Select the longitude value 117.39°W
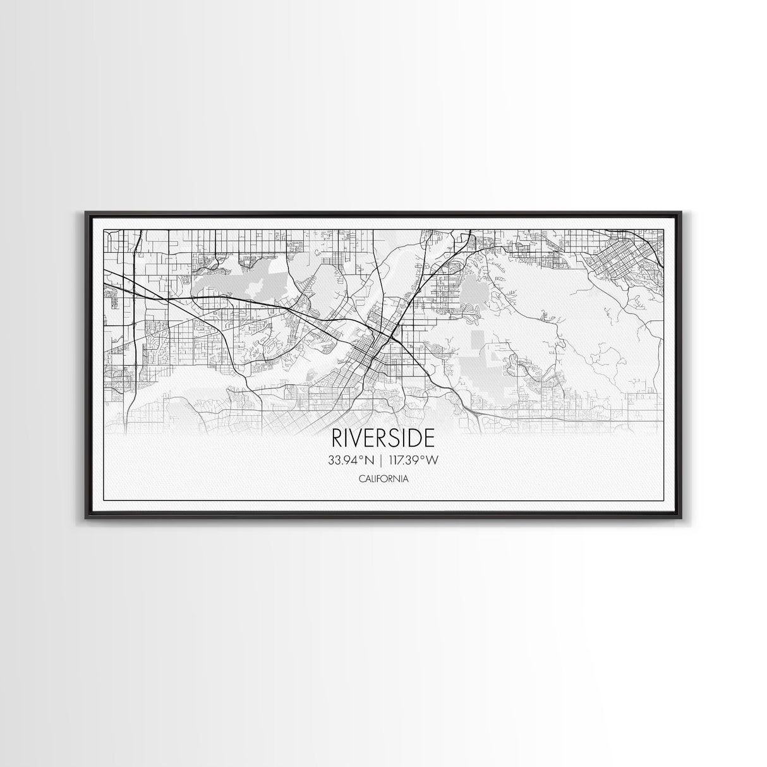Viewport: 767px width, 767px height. click(414, 461)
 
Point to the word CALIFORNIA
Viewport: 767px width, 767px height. click(383, 479)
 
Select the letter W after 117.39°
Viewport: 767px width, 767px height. click(432, 461)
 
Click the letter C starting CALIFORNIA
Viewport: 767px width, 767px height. click(361, 479)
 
